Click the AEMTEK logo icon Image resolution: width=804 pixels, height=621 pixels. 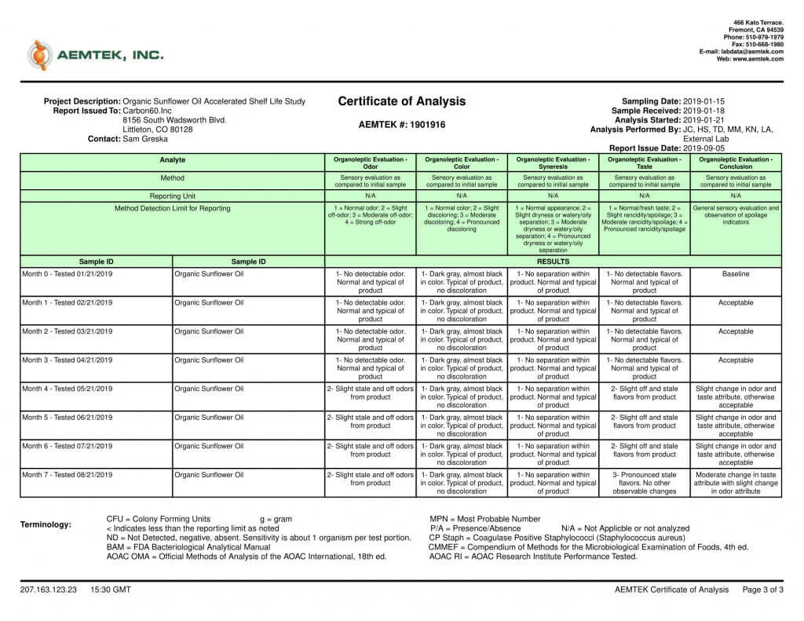pyautogui.click(x=39, y=55)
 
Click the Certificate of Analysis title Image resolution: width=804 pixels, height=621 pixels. pyautogui.click(x=401, y=101)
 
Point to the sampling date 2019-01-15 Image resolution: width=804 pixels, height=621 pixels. pyautogui.click(x=704, y=101)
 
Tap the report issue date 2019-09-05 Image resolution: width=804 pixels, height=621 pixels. pyautogui.click(x=704, y=148)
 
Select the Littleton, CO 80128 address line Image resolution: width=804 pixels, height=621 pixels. pyautogui.click(x=158, y=130)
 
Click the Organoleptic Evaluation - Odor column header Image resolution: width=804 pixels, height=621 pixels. pyautogui.click(x=371, y=163)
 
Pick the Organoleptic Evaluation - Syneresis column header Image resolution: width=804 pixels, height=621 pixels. pyautogui.click(x=554, y=163)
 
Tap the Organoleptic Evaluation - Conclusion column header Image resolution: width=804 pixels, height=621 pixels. pyautogui.click(x=736, y=163)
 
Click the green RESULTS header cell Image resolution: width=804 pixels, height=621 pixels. pyautogui.click(x=553, y=261)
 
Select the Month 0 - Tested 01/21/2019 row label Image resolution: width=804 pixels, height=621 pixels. pyautogui.click(x=68, y=274)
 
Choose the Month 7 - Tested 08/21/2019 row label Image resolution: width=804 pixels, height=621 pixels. pyautogui.click(x=68, y=475)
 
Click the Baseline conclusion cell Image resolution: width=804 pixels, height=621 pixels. pyautogui.click(x=736, y=274)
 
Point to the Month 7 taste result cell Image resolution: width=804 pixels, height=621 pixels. pyautogui.click(x=645, y=483)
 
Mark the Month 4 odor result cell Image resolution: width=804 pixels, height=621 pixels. pyautogui.click(x=371, y=393)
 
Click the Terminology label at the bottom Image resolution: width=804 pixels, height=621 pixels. pyautogui.click(x=46, y=524)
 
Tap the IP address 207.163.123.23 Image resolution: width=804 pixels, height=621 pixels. pyautogui.click(x=49, y=590)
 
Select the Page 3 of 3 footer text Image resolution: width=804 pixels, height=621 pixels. pyautogui.click(x=762, y=590)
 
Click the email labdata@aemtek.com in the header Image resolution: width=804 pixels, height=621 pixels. pyautogui.click(x=755, y=52)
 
